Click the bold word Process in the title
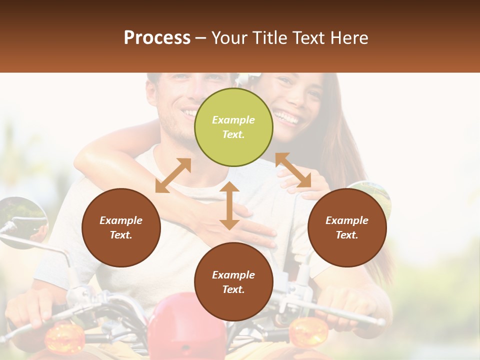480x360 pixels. (x=157, y=37)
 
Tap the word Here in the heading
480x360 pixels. (x=349, y=38)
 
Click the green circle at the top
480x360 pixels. (x=233, y=127)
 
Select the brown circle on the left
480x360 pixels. (x=121, y=227)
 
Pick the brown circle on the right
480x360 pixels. (x=347, y=227)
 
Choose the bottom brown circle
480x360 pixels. (x=233, y=281)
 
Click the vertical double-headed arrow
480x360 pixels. (x=229, y=206)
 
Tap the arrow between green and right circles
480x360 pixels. (x=293, y=170)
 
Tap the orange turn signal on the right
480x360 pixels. (x=309, y=331)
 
